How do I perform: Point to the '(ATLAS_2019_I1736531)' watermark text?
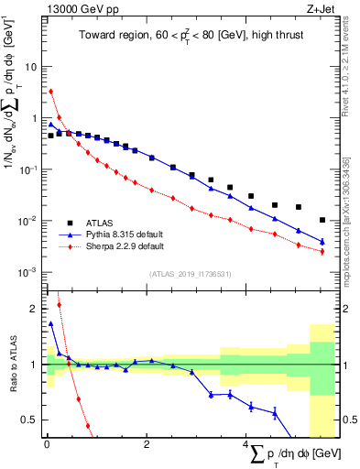coord(190,274)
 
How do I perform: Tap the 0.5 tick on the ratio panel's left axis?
coord(33,420)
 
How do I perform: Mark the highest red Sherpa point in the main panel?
coord(51,92)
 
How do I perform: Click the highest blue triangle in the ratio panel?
coord(51,323)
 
